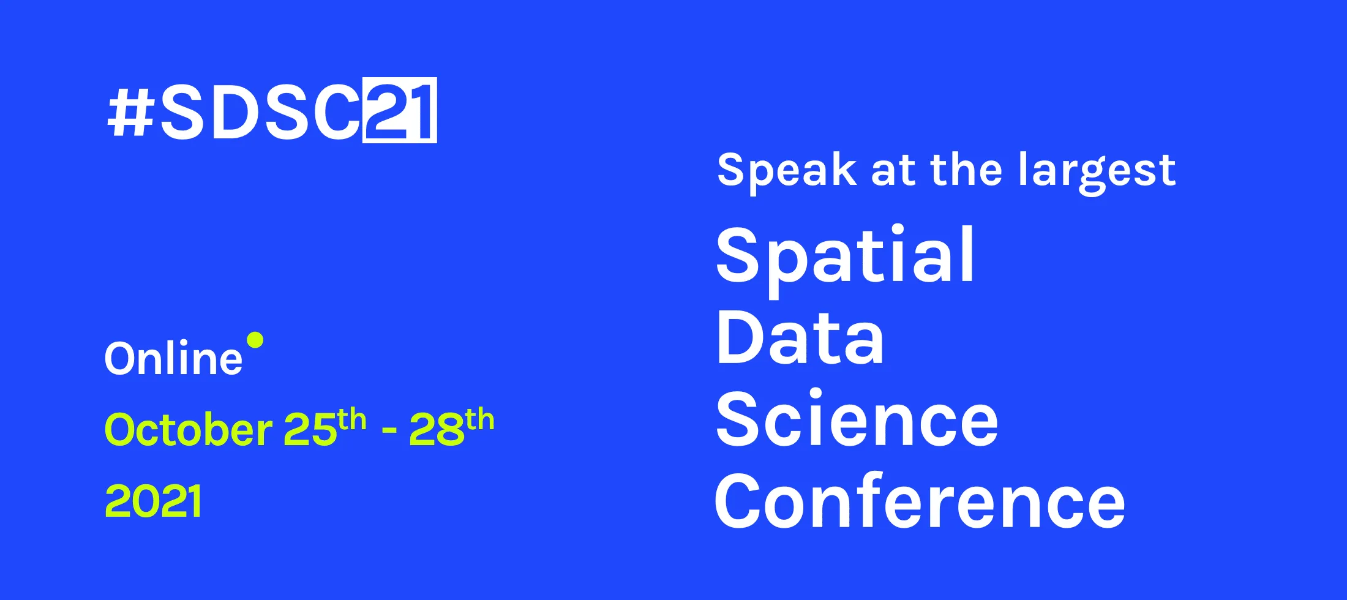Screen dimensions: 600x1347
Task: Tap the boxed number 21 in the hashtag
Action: click(399, 111)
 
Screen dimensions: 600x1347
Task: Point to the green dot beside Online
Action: click(255, 340)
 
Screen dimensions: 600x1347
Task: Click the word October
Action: click(188, 430)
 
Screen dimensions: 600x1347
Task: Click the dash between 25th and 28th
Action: click(389, 431)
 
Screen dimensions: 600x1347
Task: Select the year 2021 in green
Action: click(153, 501)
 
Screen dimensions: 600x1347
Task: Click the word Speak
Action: click(786, 171)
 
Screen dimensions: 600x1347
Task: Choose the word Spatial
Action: click(845, 256)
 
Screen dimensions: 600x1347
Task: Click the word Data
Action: click(800, 338)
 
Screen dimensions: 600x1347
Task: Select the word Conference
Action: click(920, 502)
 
